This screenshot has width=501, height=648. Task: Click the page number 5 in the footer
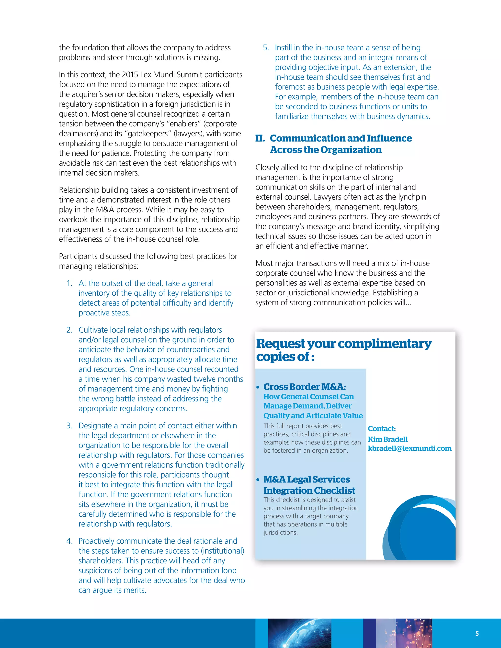(477, 634)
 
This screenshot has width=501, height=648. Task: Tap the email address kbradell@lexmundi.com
(410, 448)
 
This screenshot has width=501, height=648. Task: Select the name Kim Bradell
(388, 439)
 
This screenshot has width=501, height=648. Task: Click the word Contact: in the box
(382, 428)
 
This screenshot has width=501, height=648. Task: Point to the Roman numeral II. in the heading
(260, 138)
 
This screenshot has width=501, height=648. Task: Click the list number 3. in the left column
(69, 426)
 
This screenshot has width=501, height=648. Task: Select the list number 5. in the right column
(266, 48)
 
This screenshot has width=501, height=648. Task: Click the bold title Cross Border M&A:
(305, 387)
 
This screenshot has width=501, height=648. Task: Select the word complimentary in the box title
(384, 344)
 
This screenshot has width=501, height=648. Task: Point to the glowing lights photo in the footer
(404, 633)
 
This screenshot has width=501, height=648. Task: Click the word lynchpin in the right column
(412, 197)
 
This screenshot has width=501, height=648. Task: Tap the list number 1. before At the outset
(69, 283)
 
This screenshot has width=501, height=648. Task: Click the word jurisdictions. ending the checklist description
(280, 533)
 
